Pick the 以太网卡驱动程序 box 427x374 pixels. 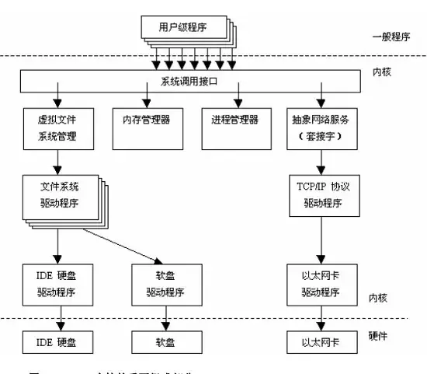tap(321, 284)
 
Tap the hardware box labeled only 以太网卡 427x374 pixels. tap(321, 341)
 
